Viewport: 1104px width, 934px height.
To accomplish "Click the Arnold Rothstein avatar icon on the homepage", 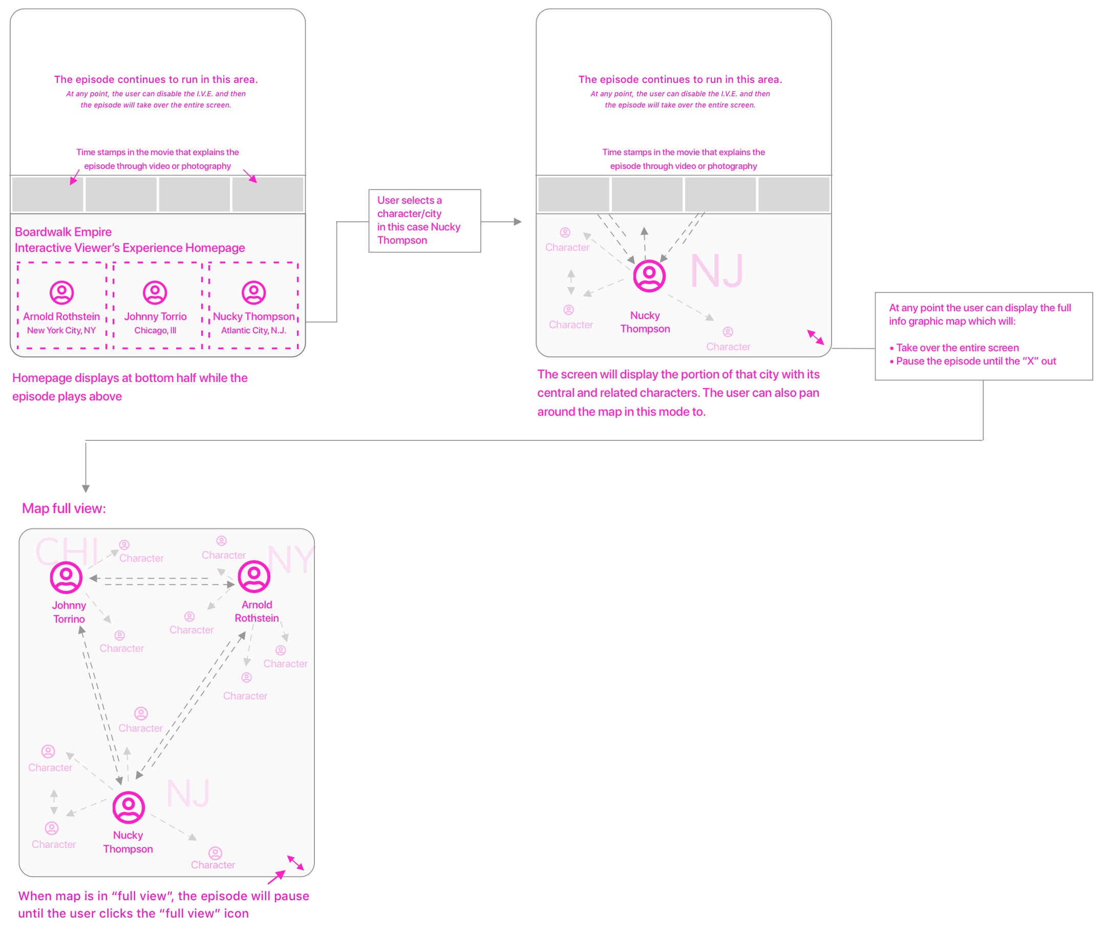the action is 61,292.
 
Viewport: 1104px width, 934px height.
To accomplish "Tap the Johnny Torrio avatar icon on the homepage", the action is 155,292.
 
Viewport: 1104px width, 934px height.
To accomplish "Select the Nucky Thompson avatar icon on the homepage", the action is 253,292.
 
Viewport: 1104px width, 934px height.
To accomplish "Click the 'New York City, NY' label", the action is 61,330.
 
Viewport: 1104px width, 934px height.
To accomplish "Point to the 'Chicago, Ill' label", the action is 155,330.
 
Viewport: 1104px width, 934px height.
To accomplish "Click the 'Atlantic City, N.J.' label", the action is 253,330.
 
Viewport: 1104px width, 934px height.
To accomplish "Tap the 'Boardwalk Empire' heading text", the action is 63,232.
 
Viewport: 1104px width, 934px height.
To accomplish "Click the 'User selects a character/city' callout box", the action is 424,220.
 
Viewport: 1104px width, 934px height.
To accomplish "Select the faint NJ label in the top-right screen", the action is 716,271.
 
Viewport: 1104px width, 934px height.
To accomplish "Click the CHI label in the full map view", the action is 67,551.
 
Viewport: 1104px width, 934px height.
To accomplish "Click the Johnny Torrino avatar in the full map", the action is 66,577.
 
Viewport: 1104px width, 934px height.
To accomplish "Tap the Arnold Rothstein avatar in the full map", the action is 254,576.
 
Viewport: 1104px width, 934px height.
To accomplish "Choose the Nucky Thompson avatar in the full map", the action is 128,807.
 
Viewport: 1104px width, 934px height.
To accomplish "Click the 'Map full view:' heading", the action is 63,508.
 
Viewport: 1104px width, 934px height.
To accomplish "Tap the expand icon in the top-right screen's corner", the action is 815,337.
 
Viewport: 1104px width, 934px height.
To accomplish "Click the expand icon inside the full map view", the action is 295,862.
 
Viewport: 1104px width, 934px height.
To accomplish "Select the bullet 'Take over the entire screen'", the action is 957,348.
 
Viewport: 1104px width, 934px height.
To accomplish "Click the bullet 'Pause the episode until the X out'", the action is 975,361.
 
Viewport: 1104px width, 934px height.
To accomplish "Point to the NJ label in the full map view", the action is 188,793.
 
